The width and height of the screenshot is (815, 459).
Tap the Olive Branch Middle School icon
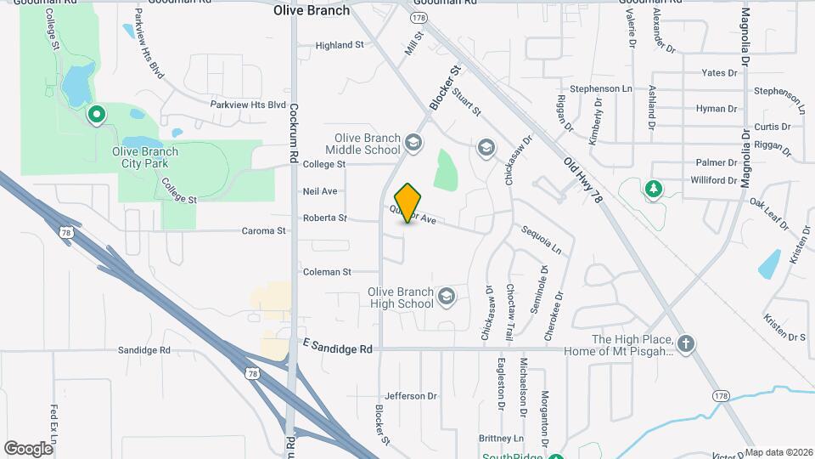click(413, 142)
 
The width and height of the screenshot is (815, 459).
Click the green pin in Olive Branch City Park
click(97, 114)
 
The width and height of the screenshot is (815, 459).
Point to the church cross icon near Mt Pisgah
click(687, 344)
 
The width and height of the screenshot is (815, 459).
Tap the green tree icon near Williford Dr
click(653, 187)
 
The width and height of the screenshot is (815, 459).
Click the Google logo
click(28, 448)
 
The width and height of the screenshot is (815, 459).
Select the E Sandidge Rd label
click(337, 348)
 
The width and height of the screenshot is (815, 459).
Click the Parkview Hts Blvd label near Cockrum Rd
click(249, 105)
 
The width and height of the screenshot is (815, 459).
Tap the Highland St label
click(339, 44)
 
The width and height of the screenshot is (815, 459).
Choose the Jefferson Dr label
click(410, 396)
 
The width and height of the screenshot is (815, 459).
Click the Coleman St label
click(327, 272)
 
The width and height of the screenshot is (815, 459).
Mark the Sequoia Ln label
click(542, 241)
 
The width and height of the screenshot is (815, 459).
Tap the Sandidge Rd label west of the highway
click(144, 350)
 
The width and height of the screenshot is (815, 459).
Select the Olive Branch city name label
click(312, 11)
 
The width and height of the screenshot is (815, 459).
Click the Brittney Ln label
click(501, 439)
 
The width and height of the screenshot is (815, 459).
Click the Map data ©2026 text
click(778, 452)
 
